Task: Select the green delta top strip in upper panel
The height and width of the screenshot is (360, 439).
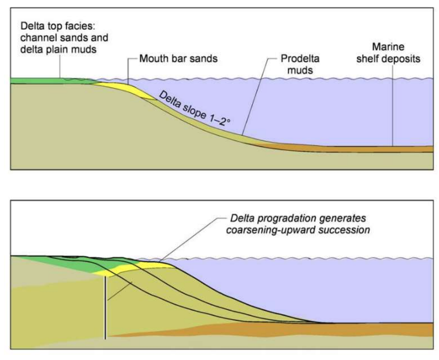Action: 43,80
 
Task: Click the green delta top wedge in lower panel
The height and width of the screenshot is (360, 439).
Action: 72,264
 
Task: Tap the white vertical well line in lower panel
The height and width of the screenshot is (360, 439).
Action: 105,306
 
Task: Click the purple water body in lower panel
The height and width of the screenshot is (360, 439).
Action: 319,289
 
